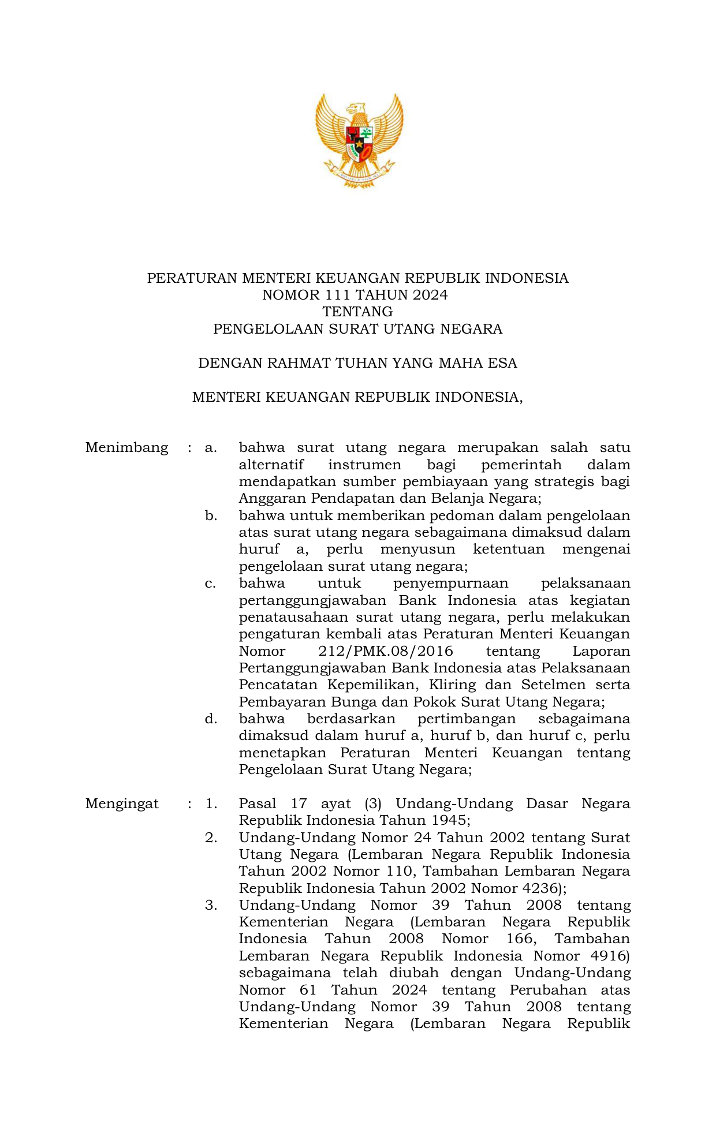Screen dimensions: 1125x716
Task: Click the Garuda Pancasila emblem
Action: pos(359,140)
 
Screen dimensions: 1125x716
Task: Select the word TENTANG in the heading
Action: pos(357,312)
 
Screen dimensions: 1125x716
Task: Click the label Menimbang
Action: pos(126,447)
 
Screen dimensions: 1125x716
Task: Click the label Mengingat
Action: pos(122,803)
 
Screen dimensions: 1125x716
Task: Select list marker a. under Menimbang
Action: pos(211,447)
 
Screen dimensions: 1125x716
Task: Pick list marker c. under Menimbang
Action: pos(211,583)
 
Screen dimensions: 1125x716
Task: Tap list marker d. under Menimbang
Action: pos(211,719)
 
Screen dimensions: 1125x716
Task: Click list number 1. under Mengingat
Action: pos(211,803)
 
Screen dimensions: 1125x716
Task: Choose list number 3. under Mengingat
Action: pos(211,905)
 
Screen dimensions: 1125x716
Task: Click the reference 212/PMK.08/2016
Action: pos(386,651)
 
